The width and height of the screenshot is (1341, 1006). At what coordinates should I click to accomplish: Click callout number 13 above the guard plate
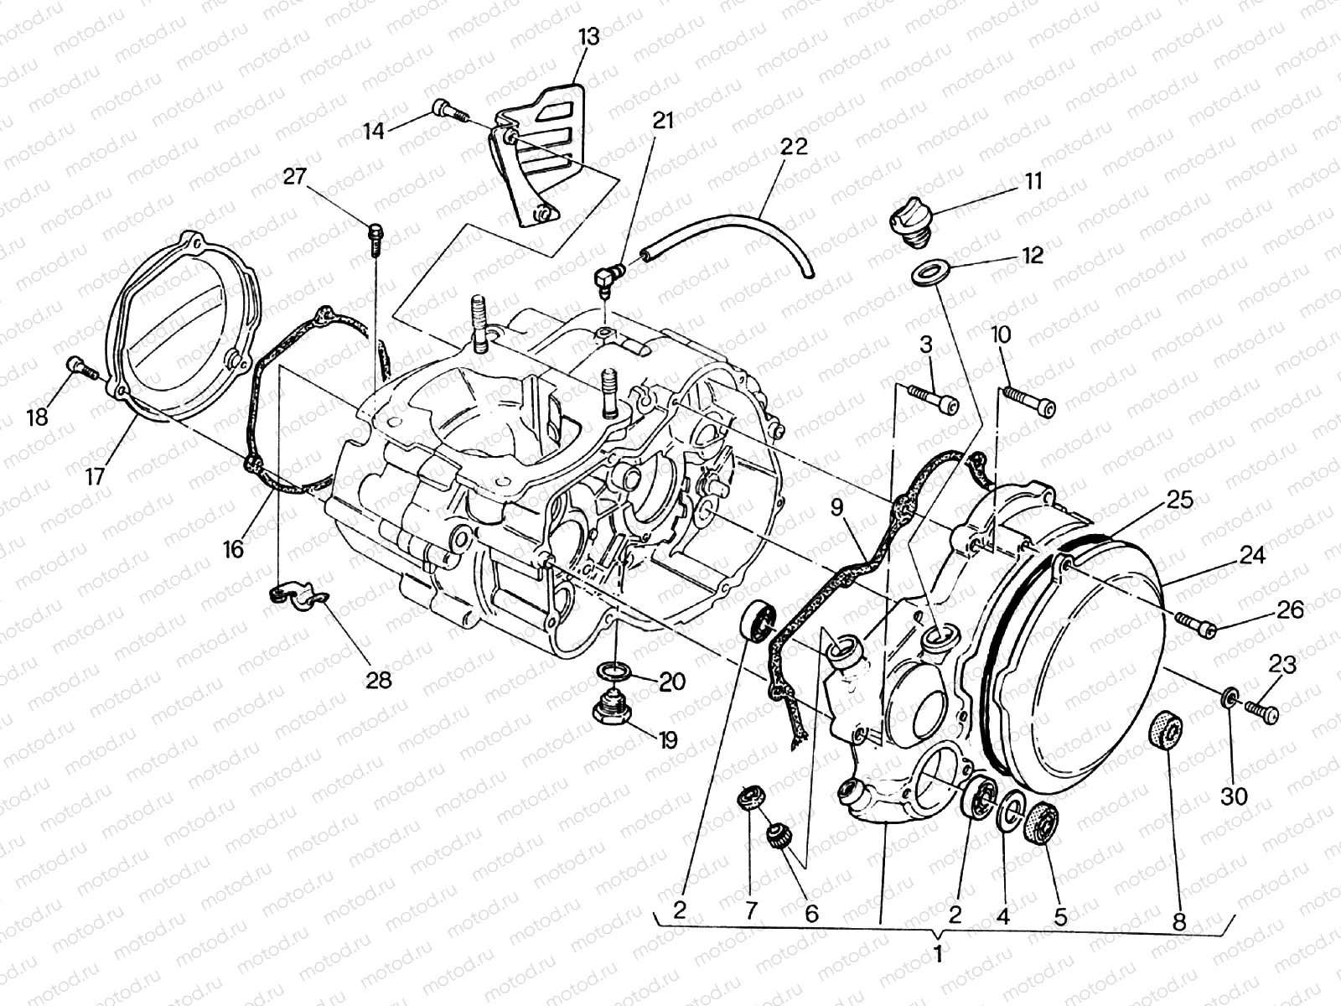pyautogui.click(x=589, y=38)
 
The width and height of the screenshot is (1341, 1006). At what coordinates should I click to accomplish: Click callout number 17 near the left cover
pyautogui.click(x=94, y=476)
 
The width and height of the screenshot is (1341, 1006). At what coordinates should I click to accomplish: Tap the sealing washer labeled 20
pyautogui.click(x=615, y=672)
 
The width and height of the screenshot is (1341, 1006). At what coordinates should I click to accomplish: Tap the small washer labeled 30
pyautogui.click(x=1229, y=697)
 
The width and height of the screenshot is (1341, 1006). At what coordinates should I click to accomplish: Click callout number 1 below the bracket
pyautogui.click(x=938, y=953)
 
